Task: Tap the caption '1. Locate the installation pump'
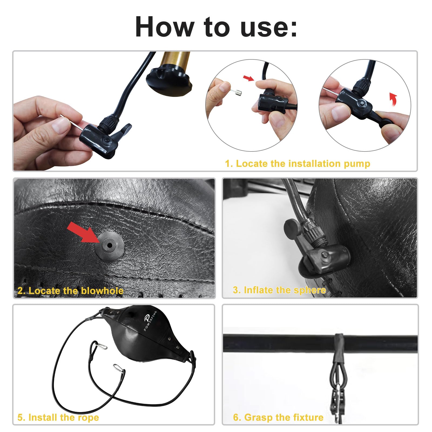[298, 164]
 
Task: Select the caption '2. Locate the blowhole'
[70, 291]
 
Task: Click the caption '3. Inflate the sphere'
[279, 290]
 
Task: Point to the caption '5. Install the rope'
[58, 417]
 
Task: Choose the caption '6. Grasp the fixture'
[278, 417]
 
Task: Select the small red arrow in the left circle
[249, 78]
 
